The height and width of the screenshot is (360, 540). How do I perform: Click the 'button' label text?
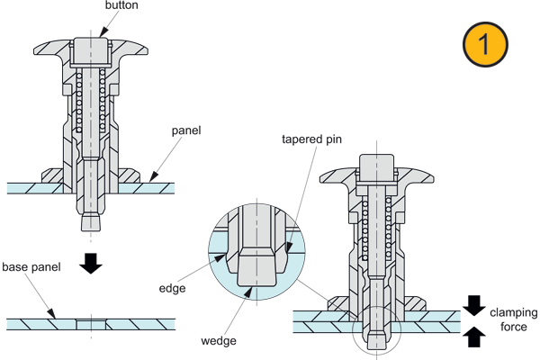click(x=121, y=5)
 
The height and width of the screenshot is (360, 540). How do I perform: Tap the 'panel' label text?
click(x=186, y=130)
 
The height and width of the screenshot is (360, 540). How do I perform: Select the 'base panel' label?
click(x=31, y=267)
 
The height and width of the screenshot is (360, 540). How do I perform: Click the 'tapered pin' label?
click(x=311, y=139)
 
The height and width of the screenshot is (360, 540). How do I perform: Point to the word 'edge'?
click(x=172, y=288)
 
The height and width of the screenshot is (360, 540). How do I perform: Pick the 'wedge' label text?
click(x=219, y=341)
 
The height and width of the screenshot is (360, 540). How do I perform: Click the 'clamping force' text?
click(x=514, y=319)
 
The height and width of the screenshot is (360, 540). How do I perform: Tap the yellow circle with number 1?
click(x=485, y=44)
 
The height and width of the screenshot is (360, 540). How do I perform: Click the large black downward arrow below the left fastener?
click(x=91, y=264)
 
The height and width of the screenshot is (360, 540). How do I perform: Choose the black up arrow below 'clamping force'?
click(x=474, y=337)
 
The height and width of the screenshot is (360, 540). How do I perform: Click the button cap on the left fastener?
click(x=91, y=51)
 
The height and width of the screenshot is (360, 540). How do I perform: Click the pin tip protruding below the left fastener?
click(x=91, y=222)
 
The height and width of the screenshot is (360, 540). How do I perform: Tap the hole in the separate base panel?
click(x=91, y=325)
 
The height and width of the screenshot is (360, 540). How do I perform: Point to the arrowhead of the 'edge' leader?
click(x=220, y=257)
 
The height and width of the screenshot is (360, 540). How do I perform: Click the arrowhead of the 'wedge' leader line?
click(x=248, y=292)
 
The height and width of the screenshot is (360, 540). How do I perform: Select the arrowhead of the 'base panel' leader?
click(x=51, y=313)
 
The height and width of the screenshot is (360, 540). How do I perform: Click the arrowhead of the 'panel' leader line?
click(x=154, y=176)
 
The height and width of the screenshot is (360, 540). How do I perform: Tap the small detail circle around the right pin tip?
click(x=377, y=329)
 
